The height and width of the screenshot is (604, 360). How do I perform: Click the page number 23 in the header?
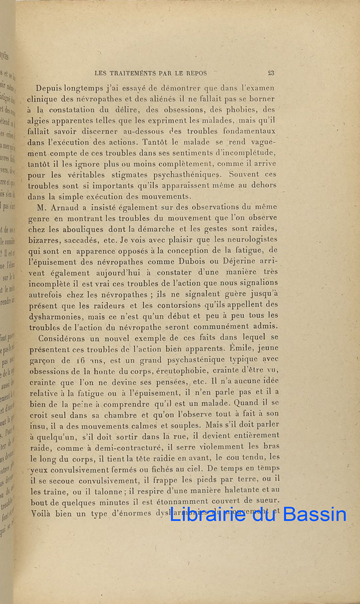271,73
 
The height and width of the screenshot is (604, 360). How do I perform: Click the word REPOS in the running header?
196,73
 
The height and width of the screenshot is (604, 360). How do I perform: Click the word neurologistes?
245,240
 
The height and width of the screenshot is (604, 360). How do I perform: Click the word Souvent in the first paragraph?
245,175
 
